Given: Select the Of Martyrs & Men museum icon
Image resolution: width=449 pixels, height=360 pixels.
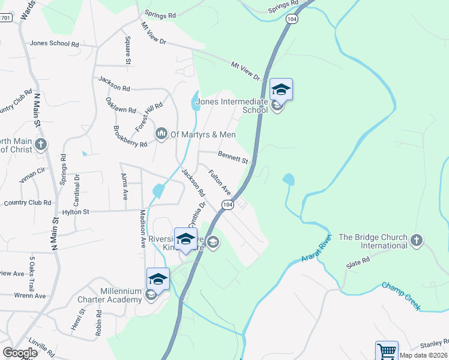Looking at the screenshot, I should pos(161,133).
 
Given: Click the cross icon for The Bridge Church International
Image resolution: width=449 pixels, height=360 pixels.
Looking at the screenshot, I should pos(417,241).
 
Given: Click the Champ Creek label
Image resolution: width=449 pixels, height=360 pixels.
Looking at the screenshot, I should pos(402,295).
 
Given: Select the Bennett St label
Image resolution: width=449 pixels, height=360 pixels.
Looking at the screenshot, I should pos(233,158).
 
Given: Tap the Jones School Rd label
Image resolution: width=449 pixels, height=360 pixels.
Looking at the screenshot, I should pos(55,44).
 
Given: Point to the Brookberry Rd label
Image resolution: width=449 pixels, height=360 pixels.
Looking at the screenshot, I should pos(130,137).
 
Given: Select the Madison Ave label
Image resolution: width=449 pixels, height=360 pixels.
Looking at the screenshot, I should pos(143,228).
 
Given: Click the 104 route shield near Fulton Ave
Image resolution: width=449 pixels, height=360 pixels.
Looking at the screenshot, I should pos(227,205).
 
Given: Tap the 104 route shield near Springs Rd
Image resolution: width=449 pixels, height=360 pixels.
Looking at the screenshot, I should pos(292,19).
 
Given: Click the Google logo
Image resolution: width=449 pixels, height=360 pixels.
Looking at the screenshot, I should pos(20,353).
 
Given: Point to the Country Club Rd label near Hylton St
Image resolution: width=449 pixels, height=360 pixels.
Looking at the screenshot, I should pos(28,202).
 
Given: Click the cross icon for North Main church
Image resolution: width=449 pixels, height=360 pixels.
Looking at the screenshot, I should pos(40,144).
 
